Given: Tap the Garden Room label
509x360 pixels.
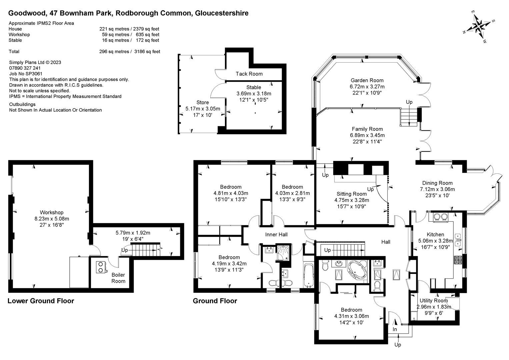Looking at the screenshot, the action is tap(367, 80).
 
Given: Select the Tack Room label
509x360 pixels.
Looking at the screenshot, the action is tap(249, 74).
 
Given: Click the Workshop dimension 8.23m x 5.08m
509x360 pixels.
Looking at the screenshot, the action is tap(52, 219).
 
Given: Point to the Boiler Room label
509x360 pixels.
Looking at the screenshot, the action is tap(118, 278).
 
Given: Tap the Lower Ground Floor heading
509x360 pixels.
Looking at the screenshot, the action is tap(41, 301).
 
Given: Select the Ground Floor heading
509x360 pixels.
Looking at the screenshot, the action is tap(215, 301).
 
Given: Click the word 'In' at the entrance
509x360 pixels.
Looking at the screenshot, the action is tap(395, 329).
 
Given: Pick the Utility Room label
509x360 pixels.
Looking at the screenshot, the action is tap(434, 301).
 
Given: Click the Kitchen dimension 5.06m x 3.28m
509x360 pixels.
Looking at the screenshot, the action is tap(435, 241).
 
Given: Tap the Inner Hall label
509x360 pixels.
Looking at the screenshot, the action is tap(276, 235).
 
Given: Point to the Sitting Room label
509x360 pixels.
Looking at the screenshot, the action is tap(352, 194).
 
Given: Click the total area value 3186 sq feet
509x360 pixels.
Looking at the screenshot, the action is tap(147, 52).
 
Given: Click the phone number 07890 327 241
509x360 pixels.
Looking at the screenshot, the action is tap(25, 68).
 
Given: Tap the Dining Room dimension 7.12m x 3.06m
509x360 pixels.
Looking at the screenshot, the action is tap(437, 189).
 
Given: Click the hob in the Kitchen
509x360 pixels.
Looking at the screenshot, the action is tap(458, 260).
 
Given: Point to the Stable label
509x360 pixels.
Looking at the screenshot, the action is tap(254, 87).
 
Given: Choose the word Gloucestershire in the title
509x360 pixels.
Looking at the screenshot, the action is tap(222, 13).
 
